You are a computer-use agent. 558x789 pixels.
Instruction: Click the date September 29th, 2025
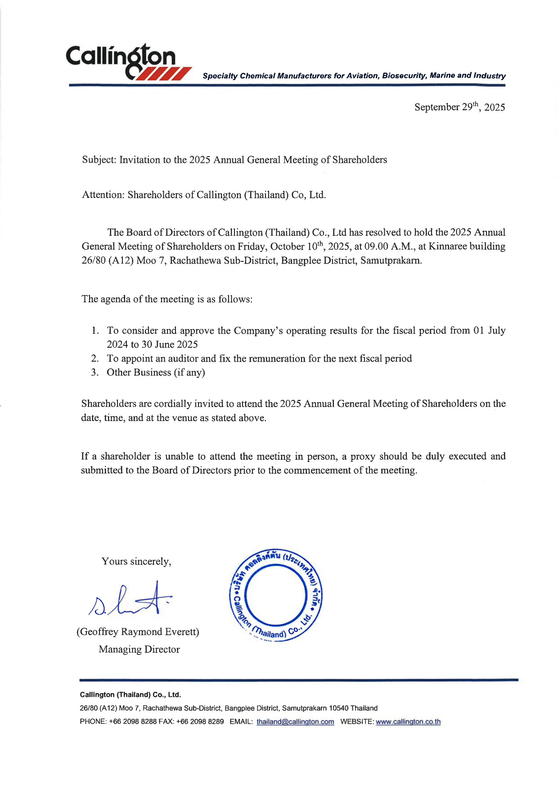459,107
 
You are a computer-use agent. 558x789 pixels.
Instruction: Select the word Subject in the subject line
99,160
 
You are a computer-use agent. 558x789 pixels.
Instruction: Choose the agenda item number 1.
94,331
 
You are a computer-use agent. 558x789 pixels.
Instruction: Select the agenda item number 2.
94,359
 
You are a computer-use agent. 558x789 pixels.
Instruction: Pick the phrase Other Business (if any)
156,372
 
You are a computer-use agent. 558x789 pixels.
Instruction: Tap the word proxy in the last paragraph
363,457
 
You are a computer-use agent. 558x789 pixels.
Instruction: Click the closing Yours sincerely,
136,561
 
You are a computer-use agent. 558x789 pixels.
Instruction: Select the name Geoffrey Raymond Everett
138,632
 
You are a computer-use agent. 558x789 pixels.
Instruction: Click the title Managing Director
139,650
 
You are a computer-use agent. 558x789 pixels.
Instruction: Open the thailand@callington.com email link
295,722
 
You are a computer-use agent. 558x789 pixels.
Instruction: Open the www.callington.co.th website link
408,722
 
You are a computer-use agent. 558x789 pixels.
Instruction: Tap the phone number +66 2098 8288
133,722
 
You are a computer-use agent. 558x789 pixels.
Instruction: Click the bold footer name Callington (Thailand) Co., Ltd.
130,695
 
